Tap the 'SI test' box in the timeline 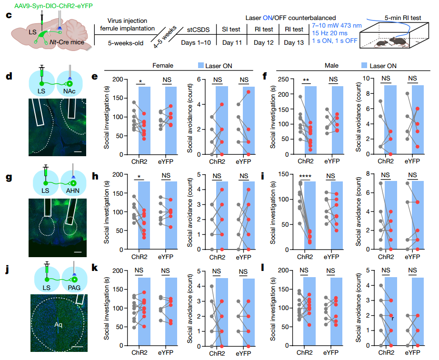coord(231,29)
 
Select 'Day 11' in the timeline coord(231,43)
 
